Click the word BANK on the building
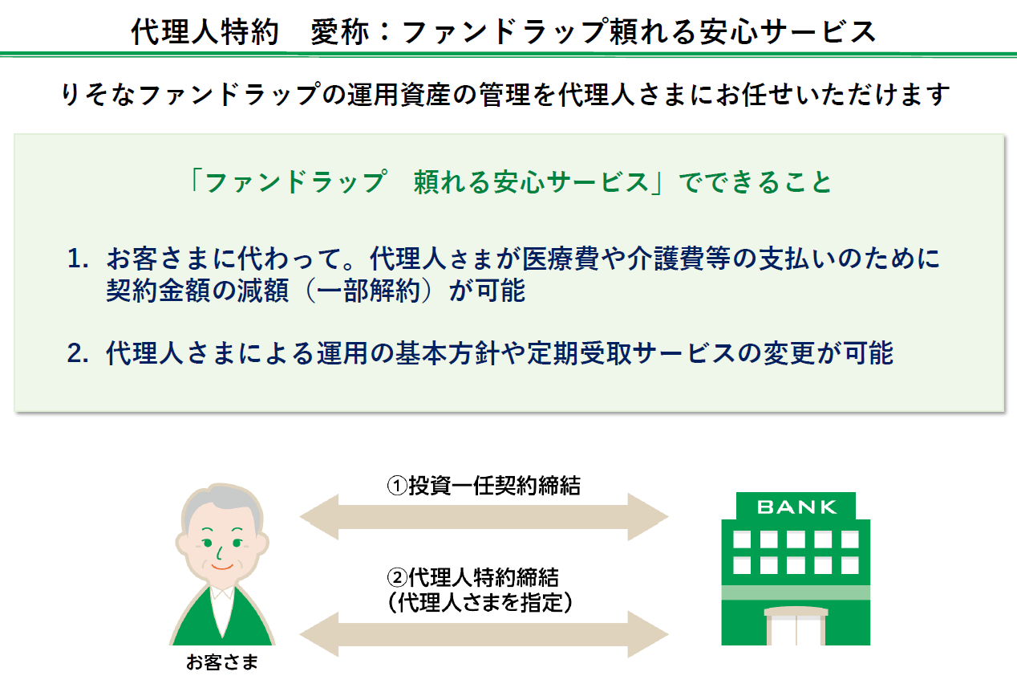click(796, 507)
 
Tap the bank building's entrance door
click(796, 630)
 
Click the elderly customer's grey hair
click(221, 505)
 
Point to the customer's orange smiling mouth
click(222, 567)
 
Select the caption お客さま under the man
click(222, 662)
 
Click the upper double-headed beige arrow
click(484, 517)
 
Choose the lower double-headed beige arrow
click(484, 634)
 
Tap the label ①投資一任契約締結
click(484, 486)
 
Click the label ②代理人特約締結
click(472, 577)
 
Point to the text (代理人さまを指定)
click(480, 603)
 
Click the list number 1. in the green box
click(78, 259)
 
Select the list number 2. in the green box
click(78, 353)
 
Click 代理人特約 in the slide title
click(205, 32)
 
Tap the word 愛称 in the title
click(339, 32)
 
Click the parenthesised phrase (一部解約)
click(369, 291)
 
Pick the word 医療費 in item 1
click(561, 259)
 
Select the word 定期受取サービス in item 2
click(631, 353)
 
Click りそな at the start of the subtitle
click(98, 95)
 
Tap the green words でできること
click(755, 182)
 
